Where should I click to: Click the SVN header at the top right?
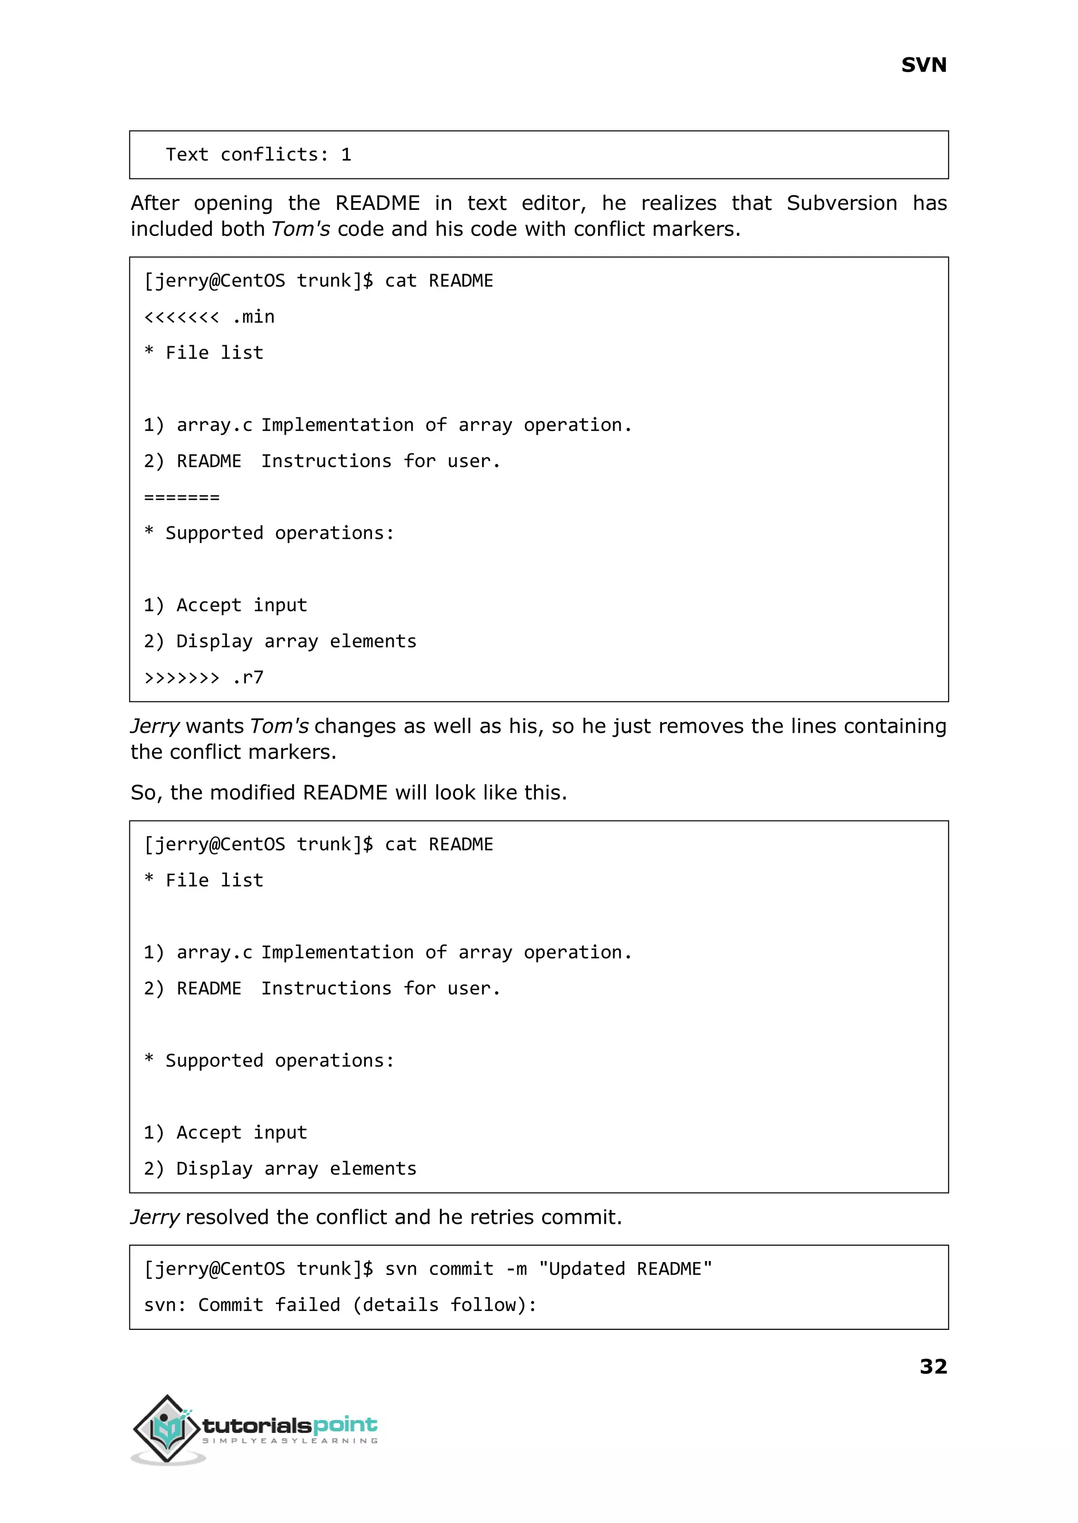[923, 65]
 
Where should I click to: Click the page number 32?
[933, 1366]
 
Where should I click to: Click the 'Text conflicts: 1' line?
[258, 155]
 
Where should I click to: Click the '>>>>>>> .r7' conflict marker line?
[204, 677]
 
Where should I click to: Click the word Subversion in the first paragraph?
[841, 203]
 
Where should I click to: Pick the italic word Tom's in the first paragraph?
[300, 229]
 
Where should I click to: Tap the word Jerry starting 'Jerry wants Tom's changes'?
[155, 726]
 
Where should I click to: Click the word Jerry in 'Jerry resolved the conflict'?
[155, 1217]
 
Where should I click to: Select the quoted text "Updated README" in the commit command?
[625, 1269]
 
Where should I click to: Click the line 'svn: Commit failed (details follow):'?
[340, 1305]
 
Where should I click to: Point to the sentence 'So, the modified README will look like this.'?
[348, 793]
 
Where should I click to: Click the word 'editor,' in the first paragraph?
[554, 203]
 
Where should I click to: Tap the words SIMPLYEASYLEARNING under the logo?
[290, 1441]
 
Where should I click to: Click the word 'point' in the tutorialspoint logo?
[345, 1425]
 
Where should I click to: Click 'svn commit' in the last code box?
[439, 1269]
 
